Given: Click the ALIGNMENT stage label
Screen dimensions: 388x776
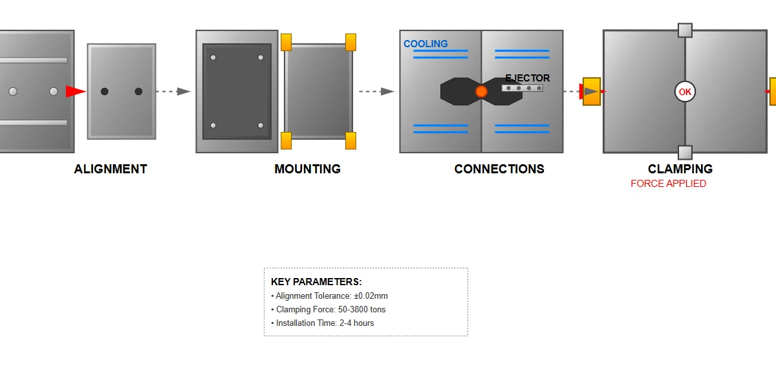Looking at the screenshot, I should (111, 169).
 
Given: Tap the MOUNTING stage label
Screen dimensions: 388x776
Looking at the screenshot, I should (307, 169).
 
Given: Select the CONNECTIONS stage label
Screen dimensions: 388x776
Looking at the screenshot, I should (499, 169).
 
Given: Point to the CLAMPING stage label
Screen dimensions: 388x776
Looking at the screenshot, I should (680, 169).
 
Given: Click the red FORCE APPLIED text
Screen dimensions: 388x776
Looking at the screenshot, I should (668, 184).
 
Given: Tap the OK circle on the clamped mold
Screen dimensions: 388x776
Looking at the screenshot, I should (685, 92).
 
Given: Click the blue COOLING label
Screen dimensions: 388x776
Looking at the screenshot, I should (426, 44).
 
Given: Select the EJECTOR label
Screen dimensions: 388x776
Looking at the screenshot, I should (528, 78).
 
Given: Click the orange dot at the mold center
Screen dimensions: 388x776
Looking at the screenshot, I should (481, 92).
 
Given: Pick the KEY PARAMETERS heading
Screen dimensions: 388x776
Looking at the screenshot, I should (316, 282).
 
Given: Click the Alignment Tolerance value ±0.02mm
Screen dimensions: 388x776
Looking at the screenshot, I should (371, 296).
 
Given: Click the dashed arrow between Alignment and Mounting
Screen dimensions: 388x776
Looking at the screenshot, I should (174, 92).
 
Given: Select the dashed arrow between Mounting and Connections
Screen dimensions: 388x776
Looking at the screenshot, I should (376, 92).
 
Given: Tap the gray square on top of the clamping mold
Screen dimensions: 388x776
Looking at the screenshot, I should (685, 30).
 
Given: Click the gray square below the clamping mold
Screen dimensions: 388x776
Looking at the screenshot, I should (685, 153).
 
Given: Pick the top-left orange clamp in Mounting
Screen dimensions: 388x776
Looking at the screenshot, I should (286, 42).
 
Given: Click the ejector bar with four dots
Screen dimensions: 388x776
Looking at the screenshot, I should (523, 88).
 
